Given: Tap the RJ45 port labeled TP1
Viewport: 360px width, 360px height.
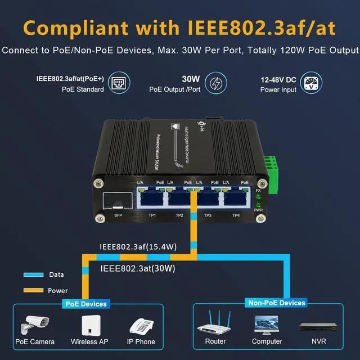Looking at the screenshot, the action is click(151, 198).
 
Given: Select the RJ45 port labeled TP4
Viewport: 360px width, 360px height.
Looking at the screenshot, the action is click(236, 198).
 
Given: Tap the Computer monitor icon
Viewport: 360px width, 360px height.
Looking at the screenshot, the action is click(267, 324).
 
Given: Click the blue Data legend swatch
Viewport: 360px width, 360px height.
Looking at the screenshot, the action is click(34, 275).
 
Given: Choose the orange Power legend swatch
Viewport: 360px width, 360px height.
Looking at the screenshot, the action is click(34, 290).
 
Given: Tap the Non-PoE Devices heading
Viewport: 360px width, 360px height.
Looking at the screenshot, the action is click(276, 303).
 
